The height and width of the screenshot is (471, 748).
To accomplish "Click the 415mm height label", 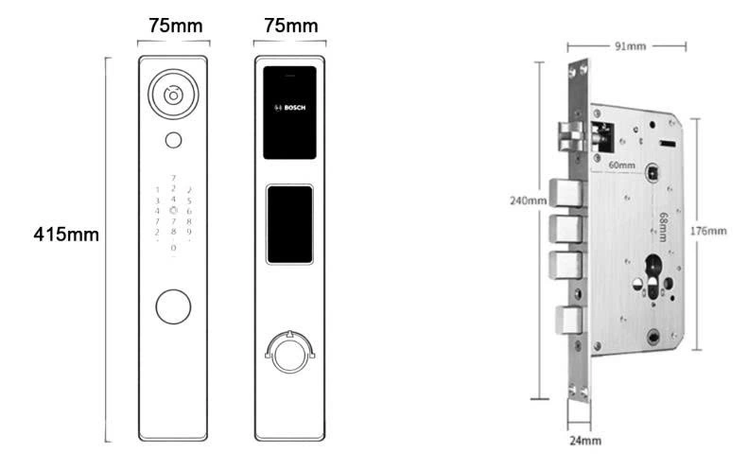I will pyautogui.click(x=66, y=234).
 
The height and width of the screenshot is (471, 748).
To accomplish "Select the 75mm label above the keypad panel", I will pyautogui.click(x=174, y=26).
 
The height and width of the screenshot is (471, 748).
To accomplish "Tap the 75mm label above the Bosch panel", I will pyautogui.click(x=290, y=26).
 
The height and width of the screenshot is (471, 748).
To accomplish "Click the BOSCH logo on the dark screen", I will pyautogui.click(x=290, y=108).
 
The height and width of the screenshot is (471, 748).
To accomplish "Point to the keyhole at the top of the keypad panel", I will pyautogui.click(x=172, y=95).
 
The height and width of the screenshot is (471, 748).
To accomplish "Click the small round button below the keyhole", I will pyautogui.click(x=172, y=140).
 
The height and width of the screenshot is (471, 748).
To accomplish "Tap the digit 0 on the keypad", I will pyautogui.click(x=173, y=248).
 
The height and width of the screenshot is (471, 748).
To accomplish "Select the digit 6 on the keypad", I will pyautogui.click(x=189, y=210).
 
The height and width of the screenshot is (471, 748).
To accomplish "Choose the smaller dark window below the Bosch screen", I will pyautogui.click(x=290, y=224).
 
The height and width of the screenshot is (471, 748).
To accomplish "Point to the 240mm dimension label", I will pyautogui.click(x=528, y=201).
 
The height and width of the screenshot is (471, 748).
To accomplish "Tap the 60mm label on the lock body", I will pyautogui.click(x=622, y=165).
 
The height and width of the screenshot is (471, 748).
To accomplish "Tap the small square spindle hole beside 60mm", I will pyautogui.click(x=653, y=173).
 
